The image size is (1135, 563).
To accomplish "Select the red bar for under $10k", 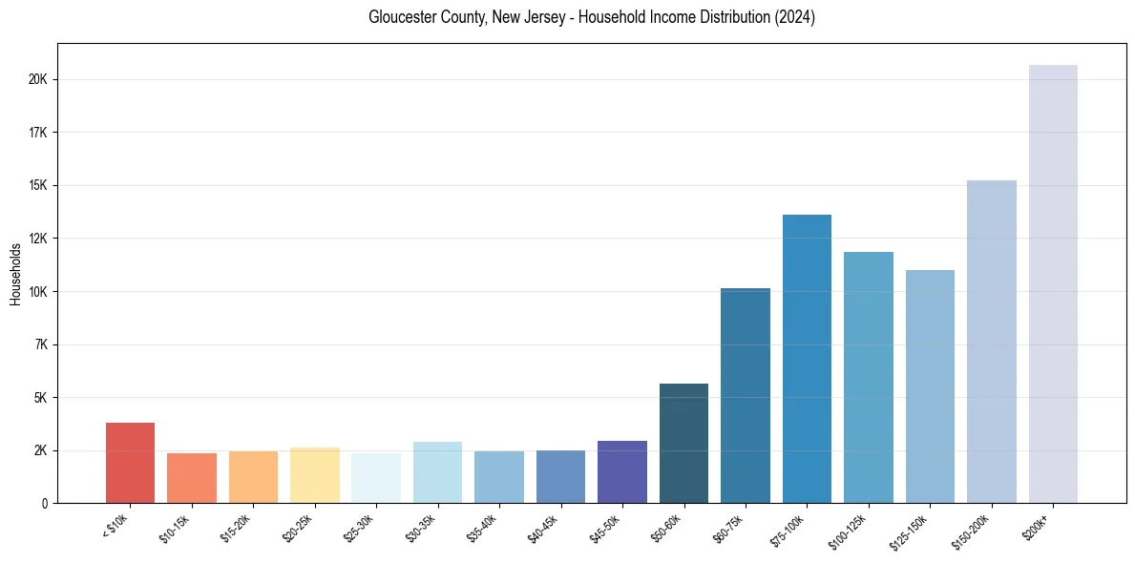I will [130, 463].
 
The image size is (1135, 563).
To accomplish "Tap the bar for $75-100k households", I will [807, 359].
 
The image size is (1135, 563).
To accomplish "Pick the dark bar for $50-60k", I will [683, 444].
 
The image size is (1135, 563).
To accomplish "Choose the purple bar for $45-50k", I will [622, 471].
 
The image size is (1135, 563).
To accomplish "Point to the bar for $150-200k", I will [992, 342].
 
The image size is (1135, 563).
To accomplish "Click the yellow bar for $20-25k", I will [315, 475].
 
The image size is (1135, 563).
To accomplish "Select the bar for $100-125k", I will [869, 378].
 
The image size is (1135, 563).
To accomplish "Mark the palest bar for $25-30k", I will [376, 478].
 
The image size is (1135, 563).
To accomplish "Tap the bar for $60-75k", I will [746, 395].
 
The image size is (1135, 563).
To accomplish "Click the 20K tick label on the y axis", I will [38, 79].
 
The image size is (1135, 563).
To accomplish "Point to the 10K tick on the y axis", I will [38, 291].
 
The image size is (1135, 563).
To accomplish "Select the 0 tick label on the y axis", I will [44, 503].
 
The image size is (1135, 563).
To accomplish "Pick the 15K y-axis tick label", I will [38, 185].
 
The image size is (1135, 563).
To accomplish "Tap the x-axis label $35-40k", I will [484, 528].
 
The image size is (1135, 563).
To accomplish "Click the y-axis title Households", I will [15, 274].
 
